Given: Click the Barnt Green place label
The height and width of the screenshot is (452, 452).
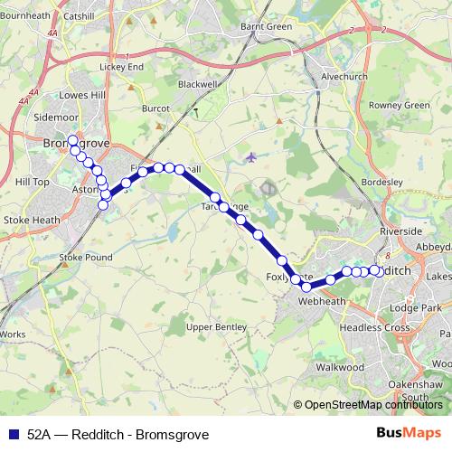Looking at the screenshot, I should click(x=266, y=27).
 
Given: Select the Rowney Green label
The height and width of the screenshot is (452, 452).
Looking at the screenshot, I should click(x=399, y=106).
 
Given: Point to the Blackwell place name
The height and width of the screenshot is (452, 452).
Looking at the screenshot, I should click(x=198, y=84).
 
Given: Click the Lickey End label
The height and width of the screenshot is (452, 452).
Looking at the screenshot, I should click(x=121, y=67).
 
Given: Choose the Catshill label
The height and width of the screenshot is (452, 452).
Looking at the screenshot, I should click(x=79, y=16).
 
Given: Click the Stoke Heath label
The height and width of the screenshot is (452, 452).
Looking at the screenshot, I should click(x=31, y=220).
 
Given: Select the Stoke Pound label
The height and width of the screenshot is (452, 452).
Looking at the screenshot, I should click(x=85, y=258).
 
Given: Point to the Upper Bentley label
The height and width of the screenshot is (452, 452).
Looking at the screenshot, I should click(x=216, y=325).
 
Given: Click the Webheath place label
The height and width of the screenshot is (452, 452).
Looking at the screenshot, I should click(x=323, y=301).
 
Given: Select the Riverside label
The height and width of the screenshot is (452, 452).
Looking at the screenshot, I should click(x=400, y=232).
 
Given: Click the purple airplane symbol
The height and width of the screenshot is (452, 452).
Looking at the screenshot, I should click(x=250, y=157).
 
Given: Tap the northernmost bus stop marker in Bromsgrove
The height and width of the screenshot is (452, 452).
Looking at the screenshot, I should click(x=72, y=141).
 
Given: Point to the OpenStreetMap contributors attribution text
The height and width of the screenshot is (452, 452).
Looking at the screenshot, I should click(x=372, y=405).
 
